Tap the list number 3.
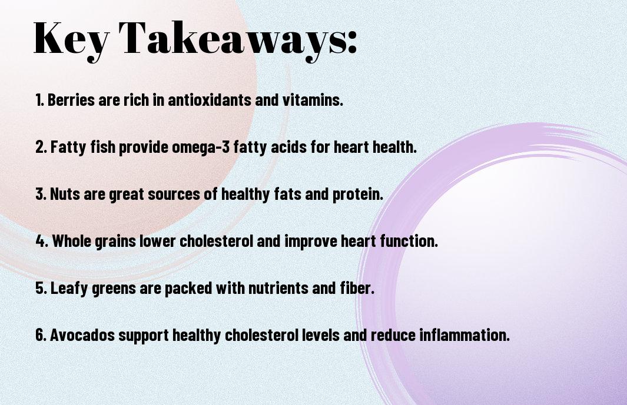tap(40, 194)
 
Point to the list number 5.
tap(40, 288)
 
